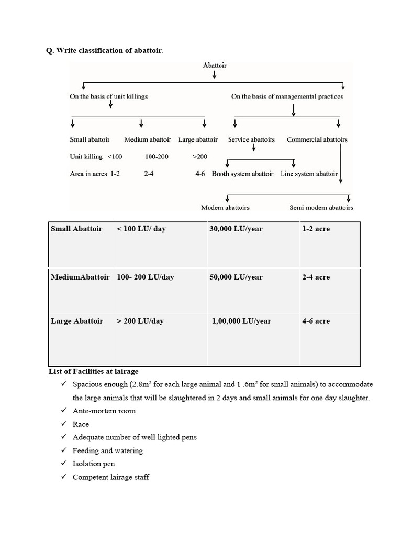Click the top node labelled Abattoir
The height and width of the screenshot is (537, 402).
coord(215,66)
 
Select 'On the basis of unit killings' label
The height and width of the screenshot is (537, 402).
coord(108,96)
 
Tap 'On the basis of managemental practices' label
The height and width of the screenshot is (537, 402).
coord(287,96)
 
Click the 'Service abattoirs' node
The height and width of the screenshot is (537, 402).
coord(251,140)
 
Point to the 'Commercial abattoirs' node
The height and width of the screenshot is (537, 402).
coord(317,140)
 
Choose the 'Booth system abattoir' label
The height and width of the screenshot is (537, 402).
coord(242,174)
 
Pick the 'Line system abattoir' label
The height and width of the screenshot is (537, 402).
coord(309,174)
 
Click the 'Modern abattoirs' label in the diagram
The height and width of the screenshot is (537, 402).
coord(225,207)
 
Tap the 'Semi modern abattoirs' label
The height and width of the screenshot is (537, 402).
coord(321,207)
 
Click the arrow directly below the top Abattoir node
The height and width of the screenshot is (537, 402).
coord(215,76)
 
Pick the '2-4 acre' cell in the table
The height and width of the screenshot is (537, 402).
coord(316,277)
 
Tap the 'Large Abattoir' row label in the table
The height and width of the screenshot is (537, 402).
coord(77,321)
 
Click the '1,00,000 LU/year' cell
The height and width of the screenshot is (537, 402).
coord(241,321)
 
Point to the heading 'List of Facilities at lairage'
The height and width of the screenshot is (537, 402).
coord(93,372)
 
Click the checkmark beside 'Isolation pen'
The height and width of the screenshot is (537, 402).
coord(64,464)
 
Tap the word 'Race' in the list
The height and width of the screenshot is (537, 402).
coord(81,424)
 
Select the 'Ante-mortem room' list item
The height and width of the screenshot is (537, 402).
coord(104,411)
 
